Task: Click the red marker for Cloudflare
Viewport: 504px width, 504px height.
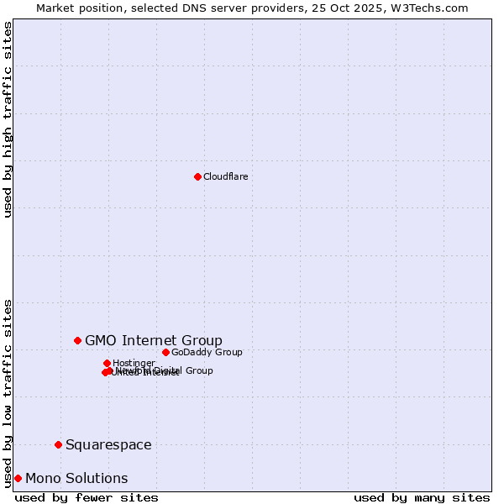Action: click(197, 176)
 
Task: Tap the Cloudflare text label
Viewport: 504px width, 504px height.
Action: click(225, 176)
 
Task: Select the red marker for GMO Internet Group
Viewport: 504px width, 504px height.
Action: click(77, 340)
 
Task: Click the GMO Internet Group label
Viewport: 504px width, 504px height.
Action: click(154, 340)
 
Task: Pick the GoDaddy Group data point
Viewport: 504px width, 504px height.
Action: click(165, 352)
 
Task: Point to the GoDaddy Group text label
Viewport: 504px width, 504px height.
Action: click(207, 352)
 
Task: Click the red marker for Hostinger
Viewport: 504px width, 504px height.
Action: click(107, 363)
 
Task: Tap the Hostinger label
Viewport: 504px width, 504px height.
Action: click(134, 363)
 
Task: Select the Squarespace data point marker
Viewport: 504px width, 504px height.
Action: click(58, 444)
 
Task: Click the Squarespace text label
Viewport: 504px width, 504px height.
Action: click(108, 444)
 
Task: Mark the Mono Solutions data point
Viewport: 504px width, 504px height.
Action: click(18, 478)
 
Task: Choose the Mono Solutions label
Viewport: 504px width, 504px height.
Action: click(76, 478)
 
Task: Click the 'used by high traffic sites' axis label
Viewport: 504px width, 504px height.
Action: click(8, 119)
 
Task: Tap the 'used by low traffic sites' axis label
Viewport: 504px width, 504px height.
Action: click(8, 392)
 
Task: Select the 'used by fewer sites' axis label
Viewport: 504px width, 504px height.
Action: click(87, 497)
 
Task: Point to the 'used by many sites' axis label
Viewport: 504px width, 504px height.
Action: click(422, 497)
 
